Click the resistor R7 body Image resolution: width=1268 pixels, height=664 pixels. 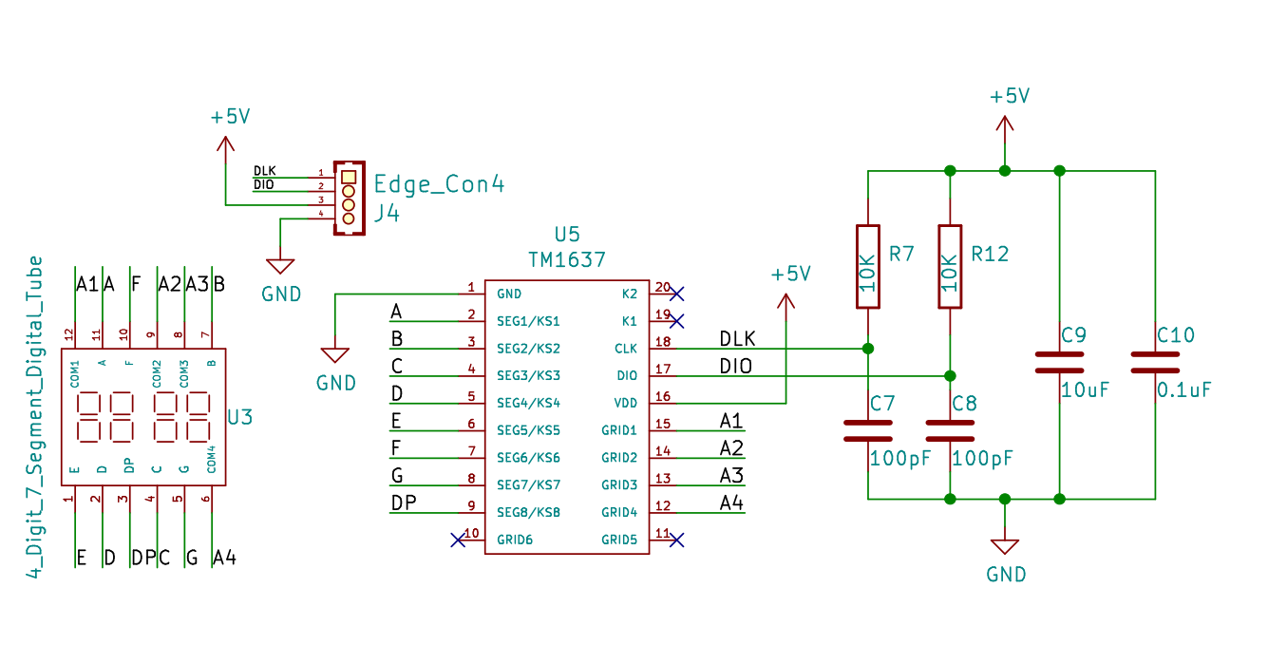point(867,267)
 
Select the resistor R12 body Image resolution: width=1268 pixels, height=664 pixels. point(949,267)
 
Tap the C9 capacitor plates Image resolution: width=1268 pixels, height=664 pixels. point(1059,362)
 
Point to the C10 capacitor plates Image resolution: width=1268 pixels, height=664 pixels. point(1155,362)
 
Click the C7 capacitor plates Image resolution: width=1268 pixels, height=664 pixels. point(868,430)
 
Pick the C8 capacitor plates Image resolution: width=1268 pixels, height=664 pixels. point(950,430)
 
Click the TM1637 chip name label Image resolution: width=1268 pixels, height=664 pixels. point(567,260)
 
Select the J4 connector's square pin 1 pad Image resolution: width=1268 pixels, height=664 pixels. point(349,178)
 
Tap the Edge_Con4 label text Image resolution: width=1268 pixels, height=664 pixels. point(439,184)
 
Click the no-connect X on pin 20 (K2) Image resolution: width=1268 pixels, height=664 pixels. point(676,294)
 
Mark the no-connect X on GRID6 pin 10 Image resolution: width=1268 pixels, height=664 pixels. point(458,540)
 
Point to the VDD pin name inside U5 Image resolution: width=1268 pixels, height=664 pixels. point(626,403)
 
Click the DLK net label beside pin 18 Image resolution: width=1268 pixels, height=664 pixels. point(737,338)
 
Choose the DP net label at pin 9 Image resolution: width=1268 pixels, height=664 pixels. point(404,503)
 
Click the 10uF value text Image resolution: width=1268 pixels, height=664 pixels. point(1085,390)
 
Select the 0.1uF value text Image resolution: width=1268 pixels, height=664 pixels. point(1183,390)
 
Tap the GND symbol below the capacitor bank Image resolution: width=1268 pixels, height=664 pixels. point(1005,547)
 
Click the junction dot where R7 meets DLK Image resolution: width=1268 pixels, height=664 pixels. point(868,349)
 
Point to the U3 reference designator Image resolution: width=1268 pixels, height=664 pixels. point(239,417)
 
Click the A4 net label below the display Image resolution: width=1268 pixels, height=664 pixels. point(224,558)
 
